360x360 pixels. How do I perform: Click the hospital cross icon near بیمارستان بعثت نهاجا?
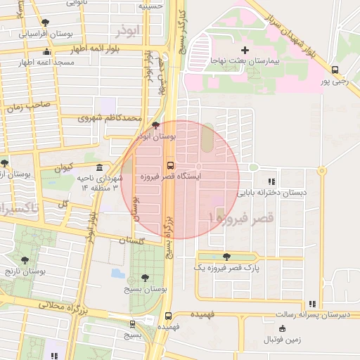245,50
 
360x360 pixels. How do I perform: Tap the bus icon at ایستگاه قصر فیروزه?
169,165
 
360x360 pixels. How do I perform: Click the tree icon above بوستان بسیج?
145,278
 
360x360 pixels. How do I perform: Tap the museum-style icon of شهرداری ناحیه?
99,168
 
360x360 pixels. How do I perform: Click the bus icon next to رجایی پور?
335,70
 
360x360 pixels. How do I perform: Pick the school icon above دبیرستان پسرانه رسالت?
311,304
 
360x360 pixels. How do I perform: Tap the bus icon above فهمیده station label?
168,316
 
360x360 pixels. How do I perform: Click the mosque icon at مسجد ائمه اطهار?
47,51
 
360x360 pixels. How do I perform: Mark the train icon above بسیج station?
132,324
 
